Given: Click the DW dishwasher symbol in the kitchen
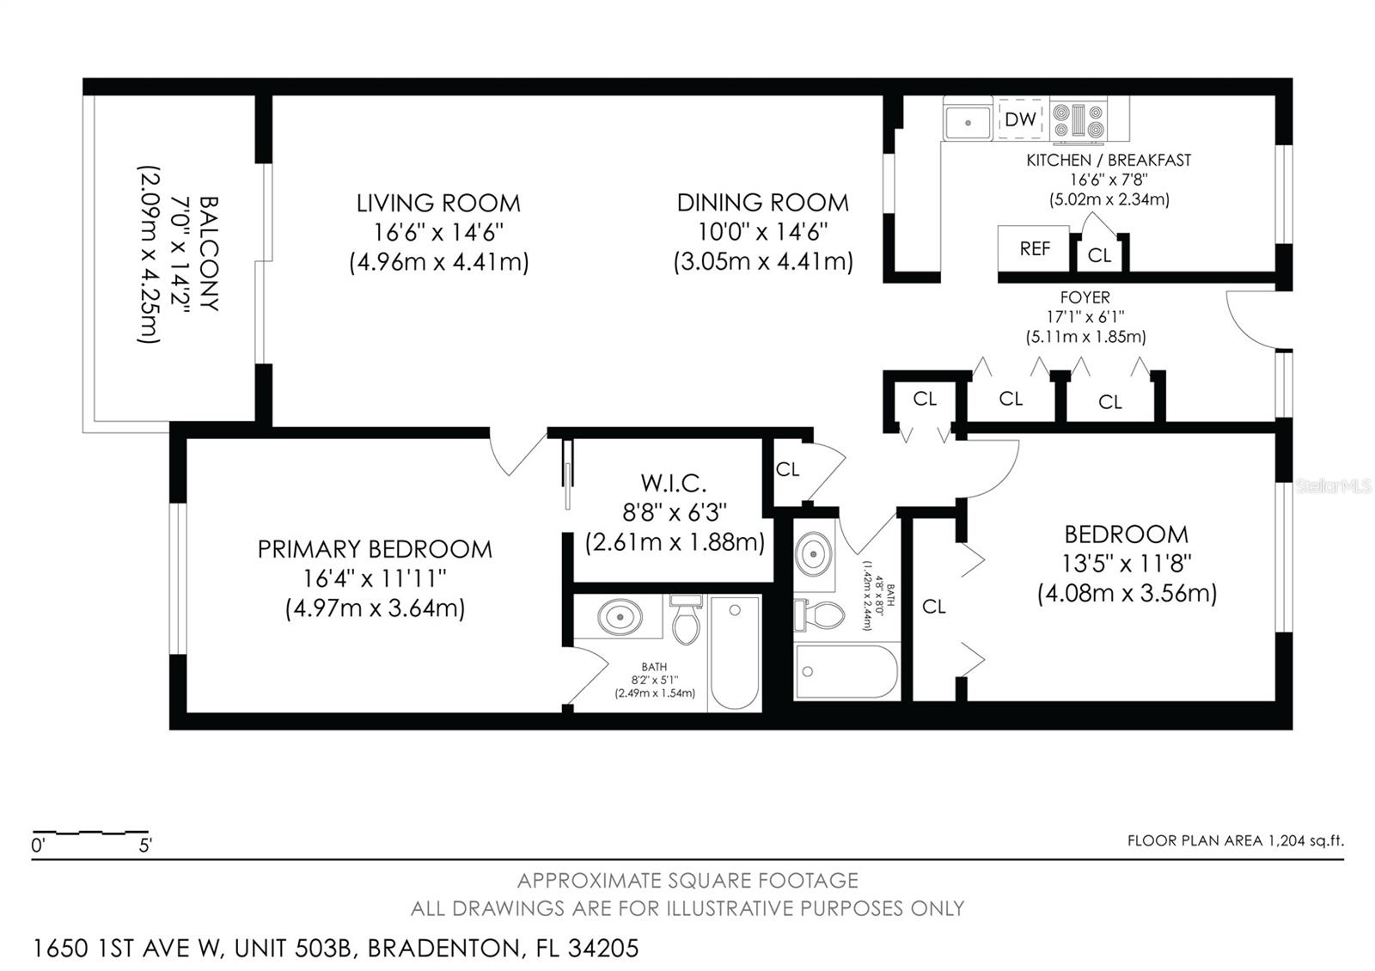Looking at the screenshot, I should tap(1020, 119).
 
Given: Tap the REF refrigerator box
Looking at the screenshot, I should tap(1034, 249).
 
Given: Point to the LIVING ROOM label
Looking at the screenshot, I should tap(438, 204).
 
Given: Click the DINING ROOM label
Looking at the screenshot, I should tap(762, 203).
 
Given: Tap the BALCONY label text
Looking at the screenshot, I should tap(208, 253).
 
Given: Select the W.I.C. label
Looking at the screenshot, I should tap(674, 483).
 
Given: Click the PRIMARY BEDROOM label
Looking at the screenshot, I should tap(375, 549).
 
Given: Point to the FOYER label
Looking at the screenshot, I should tap(1085, 297).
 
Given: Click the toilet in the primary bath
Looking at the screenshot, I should tap(686, 621).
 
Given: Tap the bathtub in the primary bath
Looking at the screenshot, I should tap(735, 653).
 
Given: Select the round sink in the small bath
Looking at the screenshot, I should tap(813, 553).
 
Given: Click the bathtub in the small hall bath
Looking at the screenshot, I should tap(846, 671).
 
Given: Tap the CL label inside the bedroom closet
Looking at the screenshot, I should tap(933, 607).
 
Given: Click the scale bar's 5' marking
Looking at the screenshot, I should tap(145, 846).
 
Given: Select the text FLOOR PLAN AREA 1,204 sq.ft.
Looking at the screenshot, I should tap(1235, 840).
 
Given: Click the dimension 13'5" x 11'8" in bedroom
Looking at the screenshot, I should tap(1127, 564).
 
